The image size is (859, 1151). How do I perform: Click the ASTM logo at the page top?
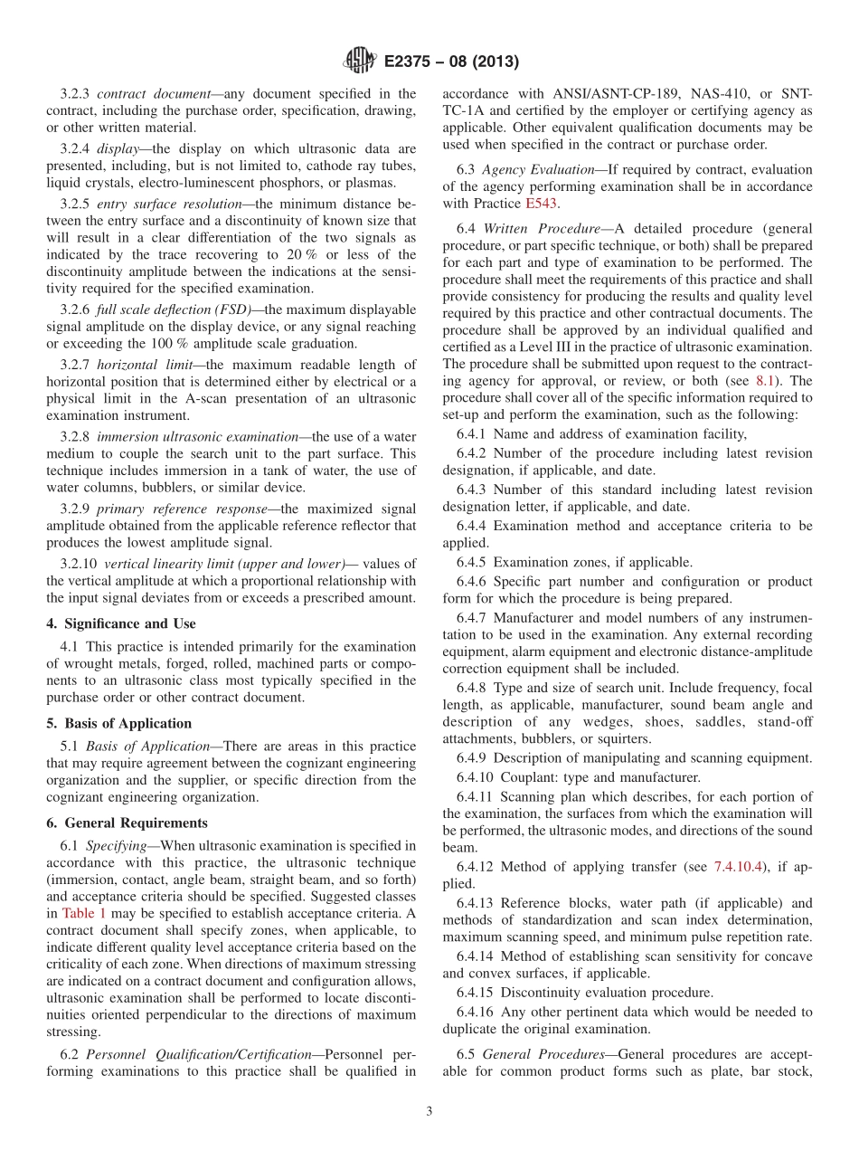[x=360, y=62]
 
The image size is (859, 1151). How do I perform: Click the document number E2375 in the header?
[x=411, y=62]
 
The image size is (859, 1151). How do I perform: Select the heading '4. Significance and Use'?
[x=121, y=623]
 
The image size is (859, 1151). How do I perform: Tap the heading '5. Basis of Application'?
[x=118, y=723]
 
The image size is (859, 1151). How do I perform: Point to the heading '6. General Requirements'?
[x=127, y=823]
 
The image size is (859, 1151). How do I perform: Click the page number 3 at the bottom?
[x=429, y=1112]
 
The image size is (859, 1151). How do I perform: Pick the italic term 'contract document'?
[x=143, y=93]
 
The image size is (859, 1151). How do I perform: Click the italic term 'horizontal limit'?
[x=146, y=365]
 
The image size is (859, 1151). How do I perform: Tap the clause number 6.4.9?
[x=473, y=757]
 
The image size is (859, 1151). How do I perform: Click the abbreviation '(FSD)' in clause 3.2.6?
[x=233, y=309]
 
